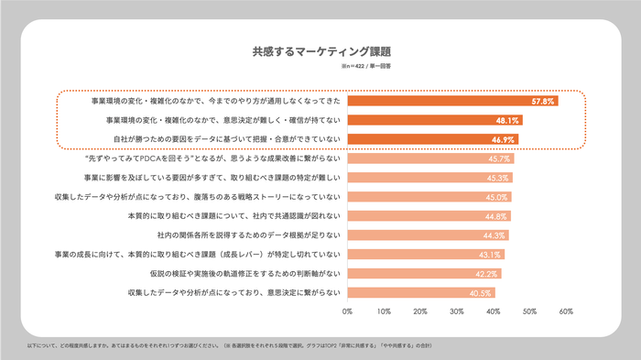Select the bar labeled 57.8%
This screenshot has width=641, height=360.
(452, 101)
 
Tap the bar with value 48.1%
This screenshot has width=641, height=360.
(435, 120)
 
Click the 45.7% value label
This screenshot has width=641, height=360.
(499, 158)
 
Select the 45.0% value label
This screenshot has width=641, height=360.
(496, 197)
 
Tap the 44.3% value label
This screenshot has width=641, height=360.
(494, 235)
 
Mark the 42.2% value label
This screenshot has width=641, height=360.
(486, 273)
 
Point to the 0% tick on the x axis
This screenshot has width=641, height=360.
(347, 312)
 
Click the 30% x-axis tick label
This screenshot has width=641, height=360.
(456, 312)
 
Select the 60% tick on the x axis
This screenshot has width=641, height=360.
(565, 312)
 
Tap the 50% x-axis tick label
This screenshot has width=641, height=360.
(528, 312)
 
